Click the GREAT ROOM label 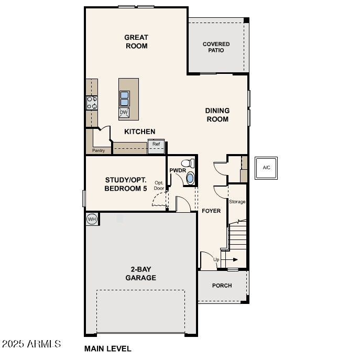(136, 41)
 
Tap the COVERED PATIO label (216, 47)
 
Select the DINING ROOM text (217, 115)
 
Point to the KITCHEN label (139, 132)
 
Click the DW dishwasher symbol (124, 112)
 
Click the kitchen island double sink (125, 99)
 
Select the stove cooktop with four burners (92, 103)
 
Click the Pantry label (99, 151)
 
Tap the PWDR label (178, 170)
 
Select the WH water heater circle (92, 219)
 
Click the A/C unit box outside (266, 168)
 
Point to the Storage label (237, 202)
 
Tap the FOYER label (211, 211)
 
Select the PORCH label (222, 286)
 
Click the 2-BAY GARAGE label (140, 274)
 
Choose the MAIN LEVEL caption (108, 348)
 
